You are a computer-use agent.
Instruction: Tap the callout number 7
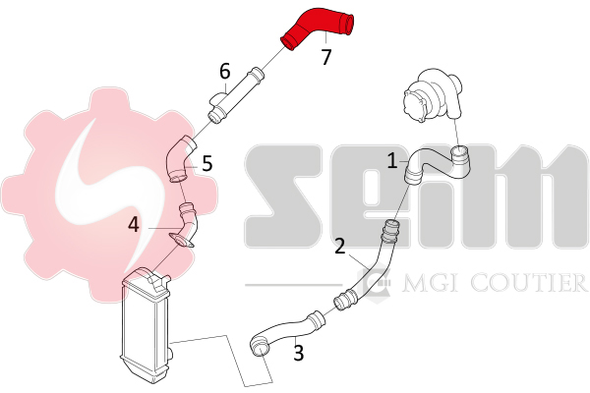click(327, 57)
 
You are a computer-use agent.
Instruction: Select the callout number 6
click(225, 71)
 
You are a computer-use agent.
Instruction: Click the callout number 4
click(134, 225)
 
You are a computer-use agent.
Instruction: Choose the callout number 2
click(340, 247)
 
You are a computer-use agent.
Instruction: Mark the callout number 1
click(391, 160)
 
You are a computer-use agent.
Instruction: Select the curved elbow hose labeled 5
click(178, 160)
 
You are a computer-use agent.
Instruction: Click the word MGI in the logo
click(421, 284)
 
